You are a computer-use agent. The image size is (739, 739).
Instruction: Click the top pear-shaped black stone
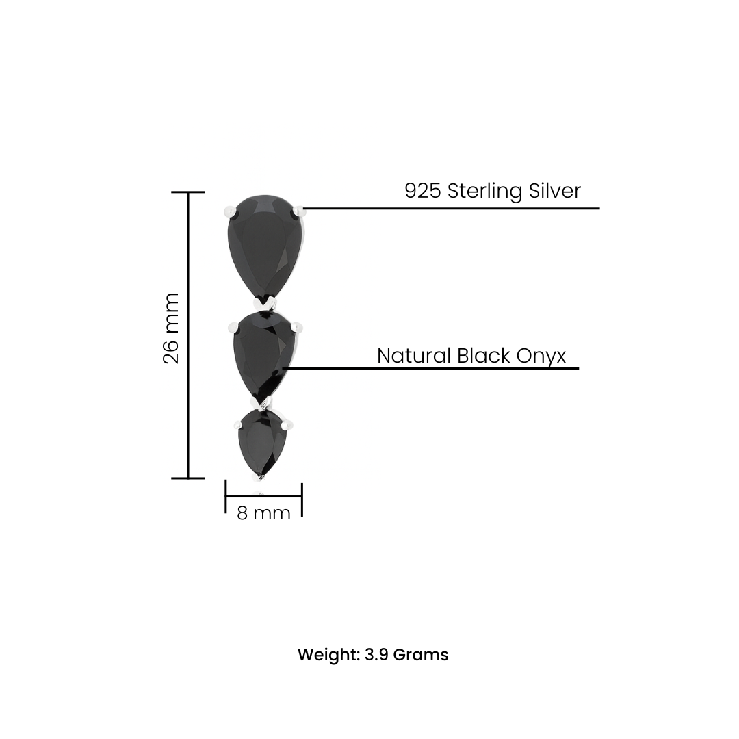265,246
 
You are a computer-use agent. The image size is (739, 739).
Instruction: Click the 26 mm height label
171,328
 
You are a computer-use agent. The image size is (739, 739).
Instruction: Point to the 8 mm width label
263,513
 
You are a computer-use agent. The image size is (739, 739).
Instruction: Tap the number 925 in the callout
422,191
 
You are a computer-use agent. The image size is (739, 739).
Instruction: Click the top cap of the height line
187,193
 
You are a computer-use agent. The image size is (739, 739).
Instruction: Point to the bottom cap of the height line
187,478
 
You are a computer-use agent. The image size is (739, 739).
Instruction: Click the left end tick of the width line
226,496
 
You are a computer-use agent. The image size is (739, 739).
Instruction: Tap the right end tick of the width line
302,499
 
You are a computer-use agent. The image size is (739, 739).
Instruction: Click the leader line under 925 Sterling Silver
452,208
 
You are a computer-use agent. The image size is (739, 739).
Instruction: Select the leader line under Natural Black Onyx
431,368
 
